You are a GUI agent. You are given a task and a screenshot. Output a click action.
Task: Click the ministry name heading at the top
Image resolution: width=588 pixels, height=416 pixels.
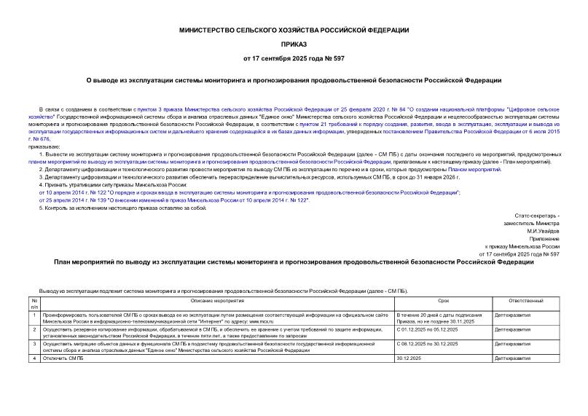(294, 30)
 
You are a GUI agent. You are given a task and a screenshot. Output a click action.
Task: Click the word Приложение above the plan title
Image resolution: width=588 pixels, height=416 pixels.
(544, 238)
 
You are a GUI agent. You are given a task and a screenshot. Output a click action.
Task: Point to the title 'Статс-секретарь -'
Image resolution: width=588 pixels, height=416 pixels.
(537, 216)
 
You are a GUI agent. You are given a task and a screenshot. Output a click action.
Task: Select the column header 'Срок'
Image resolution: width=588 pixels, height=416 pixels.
(443, 301)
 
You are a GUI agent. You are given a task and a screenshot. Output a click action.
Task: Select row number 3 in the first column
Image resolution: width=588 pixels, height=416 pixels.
(34, 343)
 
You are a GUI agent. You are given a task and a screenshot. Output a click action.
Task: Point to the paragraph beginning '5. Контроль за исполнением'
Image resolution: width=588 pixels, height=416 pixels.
(117, 208)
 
